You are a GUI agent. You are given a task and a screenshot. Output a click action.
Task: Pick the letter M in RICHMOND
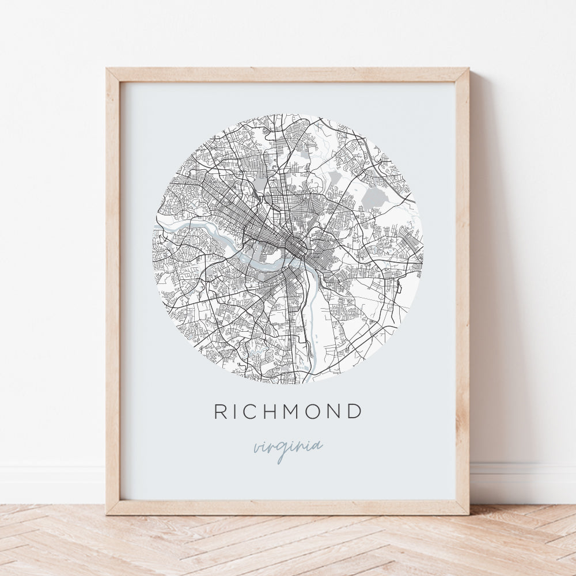click(x=298, y=411)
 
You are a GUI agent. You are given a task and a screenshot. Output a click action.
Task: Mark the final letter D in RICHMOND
click(x=357, y=411)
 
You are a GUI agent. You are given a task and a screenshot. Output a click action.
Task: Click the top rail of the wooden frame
click(x=288, y=75)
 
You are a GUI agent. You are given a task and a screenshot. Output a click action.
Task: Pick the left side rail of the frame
click(x=113, y=288)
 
